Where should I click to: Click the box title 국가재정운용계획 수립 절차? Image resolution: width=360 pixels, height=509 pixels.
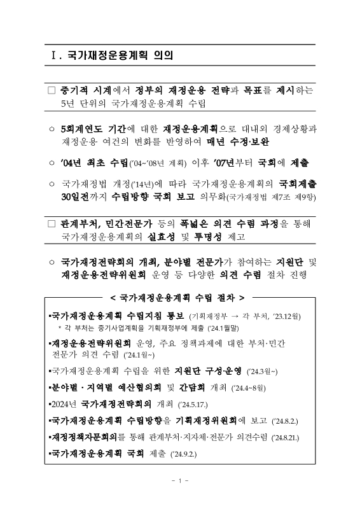point(177,296)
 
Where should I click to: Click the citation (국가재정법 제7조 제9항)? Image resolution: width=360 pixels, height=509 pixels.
point(279,199)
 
